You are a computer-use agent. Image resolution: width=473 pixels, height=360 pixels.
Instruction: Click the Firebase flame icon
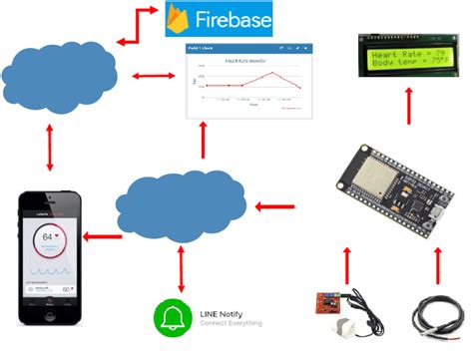pos(179,19)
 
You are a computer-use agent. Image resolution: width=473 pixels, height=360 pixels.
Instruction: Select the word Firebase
pos(233,19)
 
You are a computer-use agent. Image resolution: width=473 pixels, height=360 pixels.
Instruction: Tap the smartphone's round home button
pos(46,317)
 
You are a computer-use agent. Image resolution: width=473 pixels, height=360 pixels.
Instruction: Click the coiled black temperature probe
pos(434,315)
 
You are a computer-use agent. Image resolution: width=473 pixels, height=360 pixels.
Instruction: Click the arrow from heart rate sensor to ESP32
pos(346,264)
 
